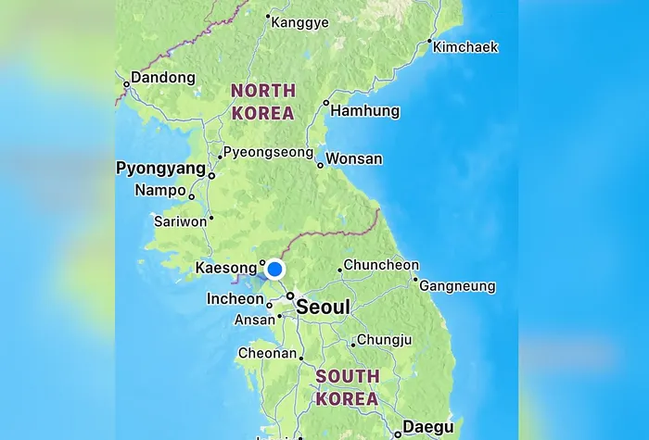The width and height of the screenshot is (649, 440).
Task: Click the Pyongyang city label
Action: pos(160,169)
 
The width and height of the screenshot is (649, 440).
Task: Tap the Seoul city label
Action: pos(323,307)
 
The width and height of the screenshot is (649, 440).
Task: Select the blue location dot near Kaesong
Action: pos(274,270)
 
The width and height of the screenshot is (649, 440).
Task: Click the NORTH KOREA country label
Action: pos(262,102)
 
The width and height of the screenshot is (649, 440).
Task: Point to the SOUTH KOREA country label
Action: pos(347,388)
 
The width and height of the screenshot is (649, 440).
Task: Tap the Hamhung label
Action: pos(365,111)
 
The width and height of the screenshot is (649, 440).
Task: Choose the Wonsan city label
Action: pos(354,158)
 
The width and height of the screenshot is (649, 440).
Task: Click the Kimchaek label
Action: pos(465,46)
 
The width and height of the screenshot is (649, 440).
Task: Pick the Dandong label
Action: pos(163,78)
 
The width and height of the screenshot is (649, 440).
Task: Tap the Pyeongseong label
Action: pos(269,152)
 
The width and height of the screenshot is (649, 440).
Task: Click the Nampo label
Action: pos(159,190)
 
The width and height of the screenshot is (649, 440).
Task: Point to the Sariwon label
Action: pos(180,221)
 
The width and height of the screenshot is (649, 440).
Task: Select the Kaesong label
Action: pos(225,270)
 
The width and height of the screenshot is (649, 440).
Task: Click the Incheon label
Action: pos(235,298)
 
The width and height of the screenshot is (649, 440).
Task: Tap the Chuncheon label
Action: pos(381,265)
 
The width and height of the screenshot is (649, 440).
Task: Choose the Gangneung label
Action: pos(457,286)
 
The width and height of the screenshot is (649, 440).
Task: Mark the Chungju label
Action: pos(384,340)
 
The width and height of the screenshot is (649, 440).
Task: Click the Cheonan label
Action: pos(267,353)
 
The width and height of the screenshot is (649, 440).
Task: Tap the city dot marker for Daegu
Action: pos(397,434)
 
